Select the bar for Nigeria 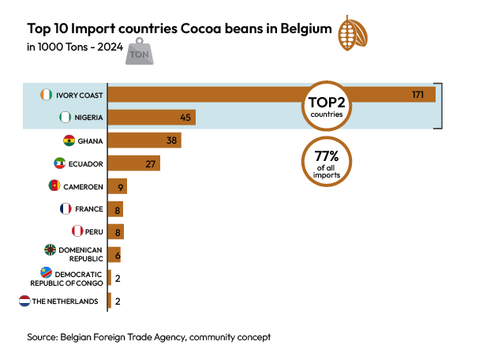[x=151, y=118]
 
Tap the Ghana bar [x=144, y=140]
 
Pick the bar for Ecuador [x=133, y=163]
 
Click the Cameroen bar [x=117, y=186]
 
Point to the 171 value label [x=418, y=95]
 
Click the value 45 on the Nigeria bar [x=186, y=118]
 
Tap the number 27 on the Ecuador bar [x=152, y=163]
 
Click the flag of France [x=66, y=209]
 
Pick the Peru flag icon [x=77, y=232]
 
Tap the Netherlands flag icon [x=24, y=301]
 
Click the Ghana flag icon [x=69, y=140]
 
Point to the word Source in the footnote [x=41, y=337]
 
